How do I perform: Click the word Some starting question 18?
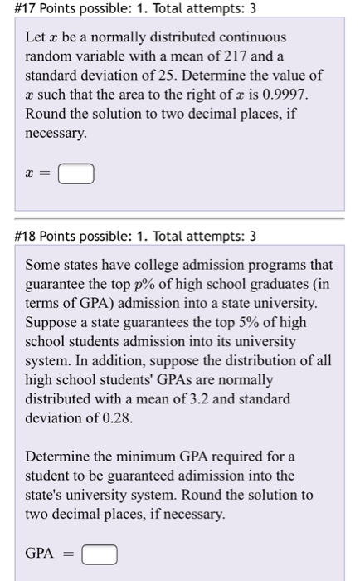point(42,266)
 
